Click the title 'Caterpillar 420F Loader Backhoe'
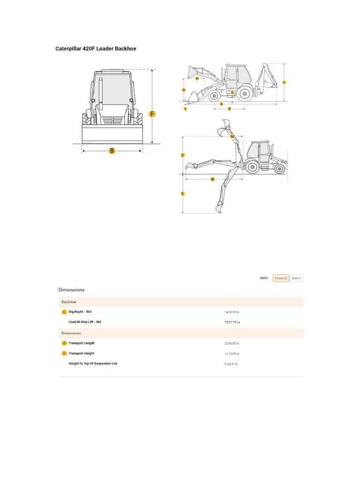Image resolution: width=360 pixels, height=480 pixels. (96, 48)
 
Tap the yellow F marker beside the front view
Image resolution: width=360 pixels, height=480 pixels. (152, 114)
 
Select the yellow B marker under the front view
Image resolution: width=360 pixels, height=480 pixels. (112, 150)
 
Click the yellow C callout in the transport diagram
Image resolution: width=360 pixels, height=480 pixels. (284, 82)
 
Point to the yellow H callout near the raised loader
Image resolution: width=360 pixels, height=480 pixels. (197, 79)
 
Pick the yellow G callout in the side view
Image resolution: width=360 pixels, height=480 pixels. (183, 90)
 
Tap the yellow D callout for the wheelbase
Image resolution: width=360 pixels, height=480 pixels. (229, 109)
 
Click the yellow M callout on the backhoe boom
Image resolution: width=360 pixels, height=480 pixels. (232, 136)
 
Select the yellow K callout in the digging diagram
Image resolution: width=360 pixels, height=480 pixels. (212, 179)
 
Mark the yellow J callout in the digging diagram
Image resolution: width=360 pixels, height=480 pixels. (183, 155)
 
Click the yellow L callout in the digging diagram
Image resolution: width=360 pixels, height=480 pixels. (183, 193)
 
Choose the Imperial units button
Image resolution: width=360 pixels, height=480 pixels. (281, 278)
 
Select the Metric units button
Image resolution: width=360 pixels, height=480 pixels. (296, 278)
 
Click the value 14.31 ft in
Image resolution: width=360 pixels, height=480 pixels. (232, 312)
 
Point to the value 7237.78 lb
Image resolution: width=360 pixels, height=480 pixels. (232, 322)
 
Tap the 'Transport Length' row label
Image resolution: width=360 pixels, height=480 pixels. (82, 343)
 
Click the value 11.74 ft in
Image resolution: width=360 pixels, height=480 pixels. (232, 353)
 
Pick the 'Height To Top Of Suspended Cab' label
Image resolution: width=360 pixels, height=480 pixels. (93, 364)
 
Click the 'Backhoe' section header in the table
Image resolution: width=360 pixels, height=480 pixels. (69, 302)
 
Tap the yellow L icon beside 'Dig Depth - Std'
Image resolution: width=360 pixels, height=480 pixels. (64, 312)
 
